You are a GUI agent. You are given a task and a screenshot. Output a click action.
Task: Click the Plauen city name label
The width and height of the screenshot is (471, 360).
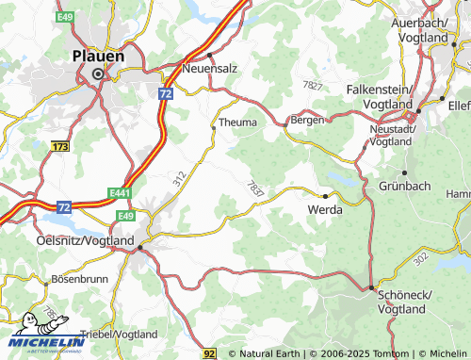(x=99, y=56)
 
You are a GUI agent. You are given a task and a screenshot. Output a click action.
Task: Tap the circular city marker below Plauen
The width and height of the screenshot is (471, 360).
(x=98, y=74)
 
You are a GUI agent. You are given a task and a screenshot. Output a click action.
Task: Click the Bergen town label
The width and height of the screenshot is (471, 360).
(x=308, y=121)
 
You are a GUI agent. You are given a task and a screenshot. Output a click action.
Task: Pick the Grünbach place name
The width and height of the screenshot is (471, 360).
(x=404, y=186)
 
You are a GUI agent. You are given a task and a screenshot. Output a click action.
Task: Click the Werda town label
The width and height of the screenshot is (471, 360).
(x=325, y=210)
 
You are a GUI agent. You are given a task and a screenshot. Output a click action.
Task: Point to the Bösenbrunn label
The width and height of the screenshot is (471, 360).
(x=79, y=280)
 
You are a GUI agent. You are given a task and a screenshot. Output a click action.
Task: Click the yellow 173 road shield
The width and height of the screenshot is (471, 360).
(x=61, y=148)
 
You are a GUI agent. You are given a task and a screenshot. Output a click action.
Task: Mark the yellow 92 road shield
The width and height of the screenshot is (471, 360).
(x=210, y=352)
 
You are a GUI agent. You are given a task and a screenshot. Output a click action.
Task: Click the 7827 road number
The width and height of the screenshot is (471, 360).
(x=313, y=86)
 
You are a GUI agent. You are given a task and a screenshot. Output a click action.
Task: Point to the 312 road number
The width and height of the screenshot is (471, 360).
(x=179, y=177)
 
